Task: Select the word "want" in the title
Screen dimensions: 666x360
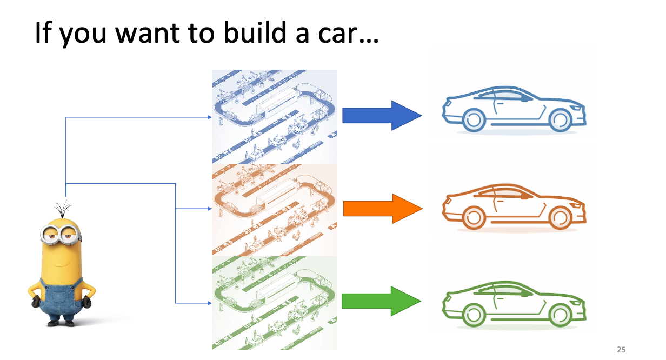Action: pos(148,34)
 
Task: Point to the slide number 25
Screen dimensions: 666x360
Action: pos(621,350)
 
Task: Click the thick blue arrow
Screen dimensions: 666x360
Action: pos(382,116)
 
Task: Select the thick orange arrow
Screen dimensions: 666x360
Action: pos(383,209)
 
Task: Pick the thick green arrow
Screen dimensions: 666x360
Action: pos(382,301)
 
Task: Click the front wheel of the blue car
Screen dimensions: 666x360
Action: pos(560,121)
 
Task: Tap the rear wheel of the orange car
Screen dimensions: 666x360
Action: pos(474,218)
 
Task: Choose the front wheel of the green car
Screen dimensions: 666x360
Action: pos(560,316)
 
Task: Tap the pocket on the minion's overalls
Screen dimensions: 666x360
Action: pos(59,297)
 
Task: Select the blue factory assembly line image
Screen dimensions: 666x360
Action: pos(275,117)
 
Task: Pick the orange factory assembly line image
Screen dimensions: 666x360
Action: pos(275,210)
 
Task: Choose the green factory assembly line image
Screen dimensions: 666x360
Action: pos(275,303)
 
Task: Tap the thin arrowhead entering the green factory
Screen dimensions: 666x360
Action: pos(210,303)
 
